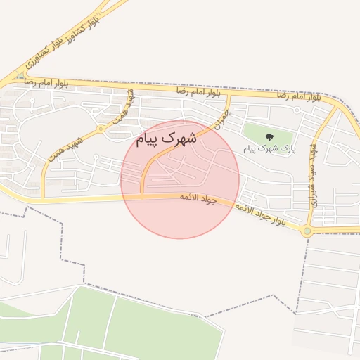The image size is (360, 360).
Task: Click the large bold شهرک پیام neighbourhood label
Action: [165, 139]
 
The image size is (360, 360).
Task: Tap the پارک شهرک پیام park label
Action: [270, 149]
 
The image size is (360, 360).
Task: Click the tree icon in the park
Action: [269, 137]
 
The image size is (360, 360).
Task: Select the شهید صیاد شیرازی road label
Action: [314, 176]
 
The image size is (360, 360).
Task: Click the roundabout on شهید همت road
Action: [101, 129]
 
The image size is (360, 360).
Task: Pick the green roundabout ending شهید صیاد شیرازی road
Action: [307, 231]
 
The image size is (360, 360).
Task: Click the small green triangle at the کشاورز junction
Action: [21, 77]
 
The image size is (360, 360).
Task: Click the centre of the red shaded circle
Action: [180, 179]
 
